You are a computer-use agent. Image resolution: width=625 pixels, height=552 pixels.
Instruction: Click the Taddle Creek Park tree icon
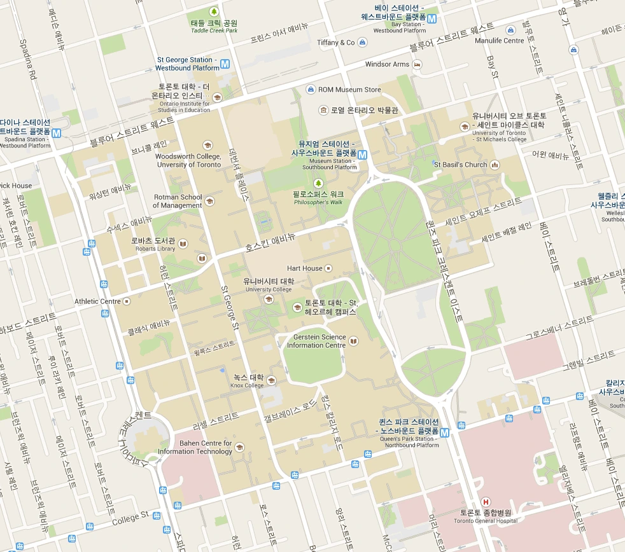[214, 11]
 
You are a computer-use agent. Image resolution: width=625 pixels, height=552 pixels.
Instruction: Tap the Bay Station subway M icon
[432, 19]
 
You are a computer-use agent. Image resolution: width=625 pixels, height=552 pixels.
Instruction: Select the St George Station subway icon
[225, 64]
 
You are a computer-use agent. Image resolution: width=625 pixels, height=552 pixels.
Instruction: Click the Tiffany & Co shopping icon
[362, 43]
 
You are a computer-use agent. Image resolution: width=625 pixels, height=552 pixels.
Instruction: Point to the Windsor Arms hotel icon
[417, 64]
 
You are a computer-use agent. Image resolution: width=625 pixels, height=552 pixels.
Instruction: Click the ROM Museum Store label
[349, 90]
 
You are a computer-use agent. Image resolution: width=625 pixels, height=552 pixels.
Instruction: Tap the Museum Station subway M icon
[362, 155]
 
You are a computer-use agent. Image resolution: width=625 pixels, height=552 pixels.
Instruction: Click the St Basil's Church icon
[495, 165]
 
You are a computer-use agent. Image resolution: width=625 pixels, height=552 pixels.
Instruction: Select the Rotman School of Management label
[178, 201]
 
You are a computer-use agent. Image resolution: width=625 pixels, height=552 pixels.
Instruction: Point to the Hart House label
[304, 268]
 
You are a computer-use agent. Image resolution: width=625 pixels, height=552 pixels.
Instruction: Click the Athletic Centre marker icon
[127, 301]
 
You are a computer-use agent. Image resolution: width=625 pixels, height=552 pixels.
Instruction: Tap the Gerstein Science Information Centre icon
[353, 342]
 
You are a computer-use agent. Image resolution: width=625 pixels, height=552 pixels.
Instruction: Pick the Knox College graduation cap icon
[271, 381]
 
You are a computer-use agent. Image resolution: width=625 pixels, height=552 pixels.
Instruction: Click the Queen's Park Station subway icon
[444, 433]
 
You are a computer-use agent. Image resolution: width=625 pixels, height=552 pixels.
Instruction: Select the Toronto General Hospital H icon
[487, 502]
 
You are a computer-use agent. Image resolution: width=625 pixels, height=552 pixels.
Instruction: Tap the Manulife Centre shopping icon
[510, 30]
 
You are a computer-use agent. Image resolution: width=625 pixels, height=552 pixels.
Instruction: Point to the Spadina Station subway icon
[57, 134]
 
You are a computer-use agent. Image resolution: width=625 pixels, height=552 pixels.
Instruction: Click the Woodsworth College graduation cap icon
[207, 146]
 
